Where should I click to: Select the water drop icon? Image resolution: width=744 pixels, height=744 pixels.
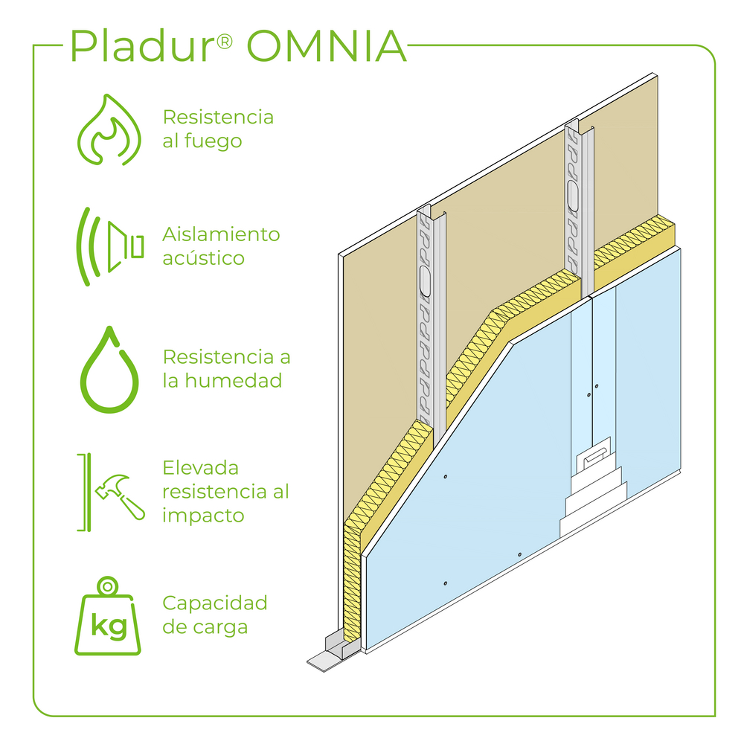tap(110, 370)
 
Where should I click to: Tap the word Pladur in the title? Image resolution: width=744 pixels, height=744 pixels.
tap(141, 47)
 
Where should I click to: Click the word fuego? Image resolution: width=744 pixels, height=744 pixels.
tap(214, 141)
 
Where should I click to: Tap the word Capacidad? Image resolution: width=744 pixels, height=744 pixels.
tap(214, 603)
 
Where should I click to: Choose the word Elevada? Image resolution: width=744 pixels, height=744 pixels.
tap(201, 468)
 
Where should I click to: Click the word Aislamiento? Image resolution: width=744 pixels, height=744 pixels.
tap(221, 234)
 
